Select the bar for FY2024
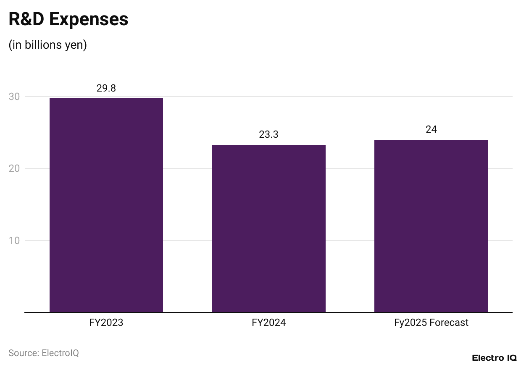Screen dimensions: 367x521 coord(268,228)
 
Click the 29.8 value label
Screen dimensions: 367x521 coord(106,88)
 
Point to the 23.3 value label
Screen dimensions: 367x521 coord(268,135)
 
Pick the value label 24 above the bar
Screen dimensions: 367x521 coord(431,129)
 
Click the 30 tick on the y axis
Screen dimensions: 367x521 coord(14,97)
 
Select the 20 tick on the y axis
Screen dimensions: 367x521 coord(14,168)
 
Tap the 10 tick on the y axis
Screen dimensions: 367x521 coord(14,241)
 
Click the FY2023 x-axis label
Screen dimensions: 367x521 coord(106,322)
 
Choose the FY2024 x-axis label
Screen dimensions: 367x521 coord(268,322)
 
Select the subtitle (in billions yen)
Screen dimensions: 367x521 coord(47,45)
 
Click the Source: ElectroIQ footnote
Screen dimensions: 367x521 coord(44,353)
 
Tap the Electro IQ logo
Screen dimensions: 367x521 coord(494,358)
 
